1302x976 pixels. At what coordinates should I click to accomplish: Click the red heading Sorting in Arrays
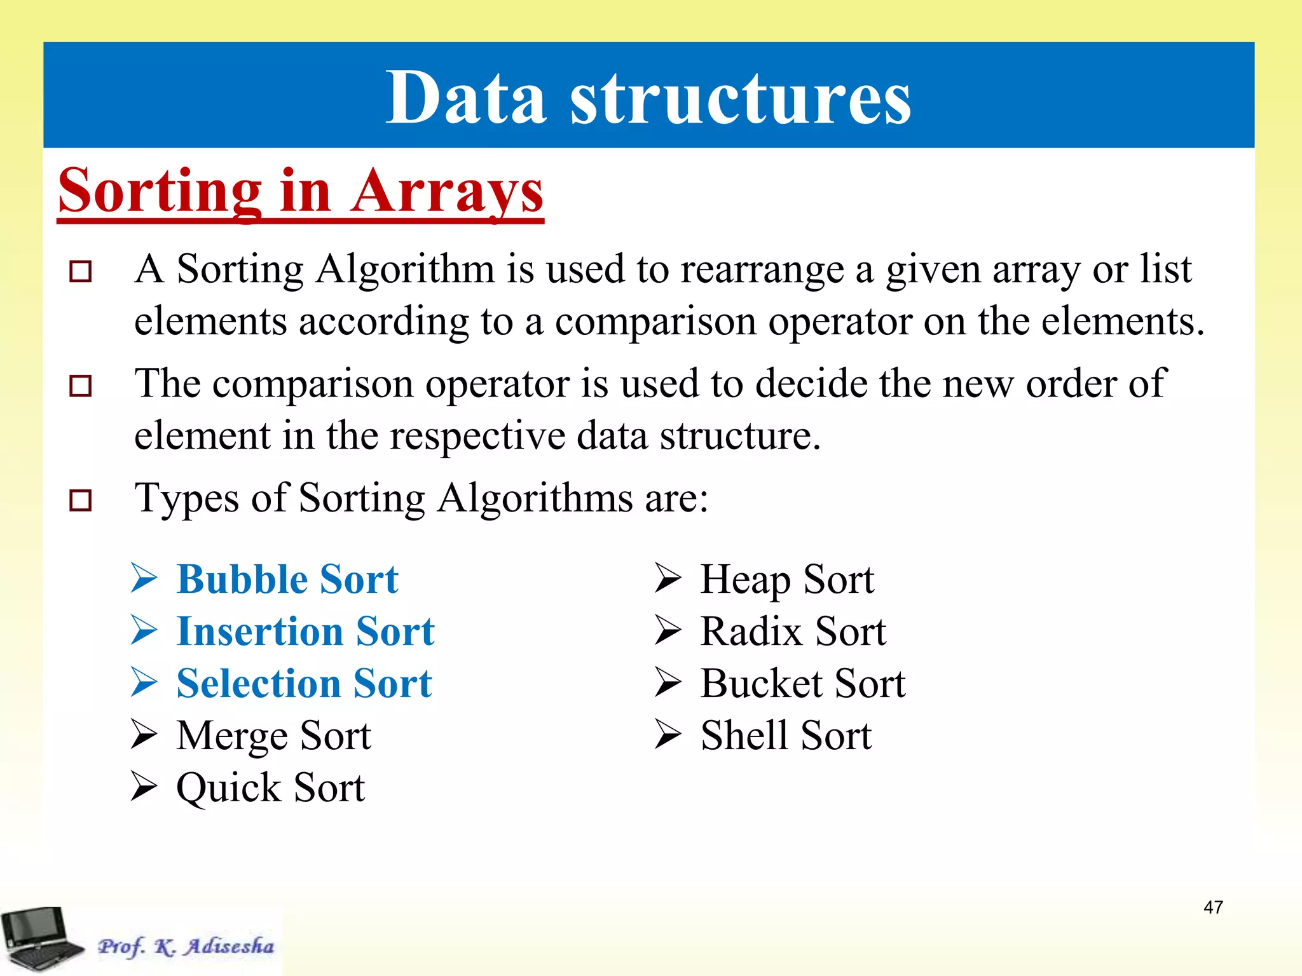(300, 191)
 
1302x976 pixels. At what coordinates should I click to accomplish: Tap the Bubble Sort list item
(287, 579)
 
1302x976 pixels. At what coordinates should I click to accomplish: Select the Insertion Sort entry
(305, 632)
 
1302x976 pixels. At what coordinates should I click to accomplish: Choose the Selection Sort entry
(304, 684)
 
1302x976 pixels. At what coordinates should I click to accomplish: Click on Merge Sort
(273, 736)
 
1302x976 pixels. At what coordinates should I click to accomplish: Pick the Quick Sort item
(270, 788)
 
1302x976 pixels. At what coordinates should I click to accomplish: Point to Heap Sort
(787, 579)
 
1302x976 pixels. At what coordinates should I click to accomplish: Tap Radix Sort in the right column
(793, 632)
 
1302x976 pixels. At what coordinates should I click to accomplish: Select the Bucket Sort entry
(802, 684)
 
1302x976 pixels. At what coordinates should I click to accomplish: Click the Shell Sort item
(786, 736)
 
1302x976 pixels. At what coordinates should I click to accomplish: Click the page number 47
(1213, 907)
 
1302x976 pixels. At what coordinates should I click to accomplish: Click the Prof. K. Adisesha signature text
(186, 946)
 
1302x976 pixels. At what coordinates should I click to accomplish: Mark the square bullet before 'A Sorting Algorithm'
(81, 272)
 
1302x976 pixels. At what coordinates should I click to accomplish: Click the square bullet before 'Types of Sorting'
(81, 501)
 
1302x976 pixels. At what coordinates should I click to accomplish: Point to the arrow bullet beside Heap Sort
(668, 578)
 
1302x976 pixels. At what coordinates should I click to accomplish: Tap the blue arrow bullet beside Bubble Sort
(144, 578)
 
